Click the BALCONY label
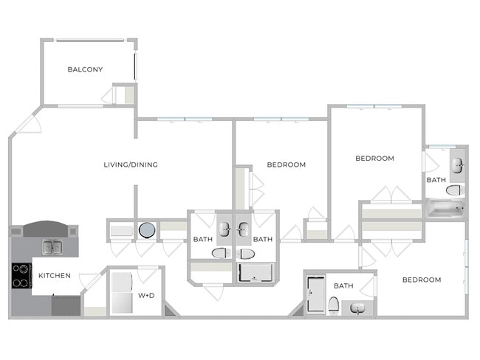tap(85, 70)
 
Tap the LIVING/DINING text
tap(131, 165)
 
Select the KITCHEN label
tap(55, 276)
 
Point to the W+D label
tap(146, 295)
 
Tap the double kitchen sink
tap(52, 247)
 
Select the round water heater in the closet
tap(146, 230)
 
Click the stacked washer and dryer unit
tap(120, 293)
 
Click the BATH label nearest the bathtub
tap(436, 180)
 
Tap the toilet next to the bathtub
tap(455, 190)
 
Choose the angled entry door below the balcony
tap(30, 122)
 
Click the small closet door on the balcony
tap(117, 95)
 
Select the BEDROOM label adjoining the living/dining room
tap(286, 165)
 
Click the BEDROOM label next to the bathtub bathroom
tap(374, 158)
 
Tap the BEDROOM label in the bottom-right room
tap(421, 280)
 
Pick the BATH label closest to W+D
tap(203, 239)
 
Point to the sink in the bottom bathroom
tap(358, 308)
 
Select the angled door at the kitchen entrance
tap(89, 283)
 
